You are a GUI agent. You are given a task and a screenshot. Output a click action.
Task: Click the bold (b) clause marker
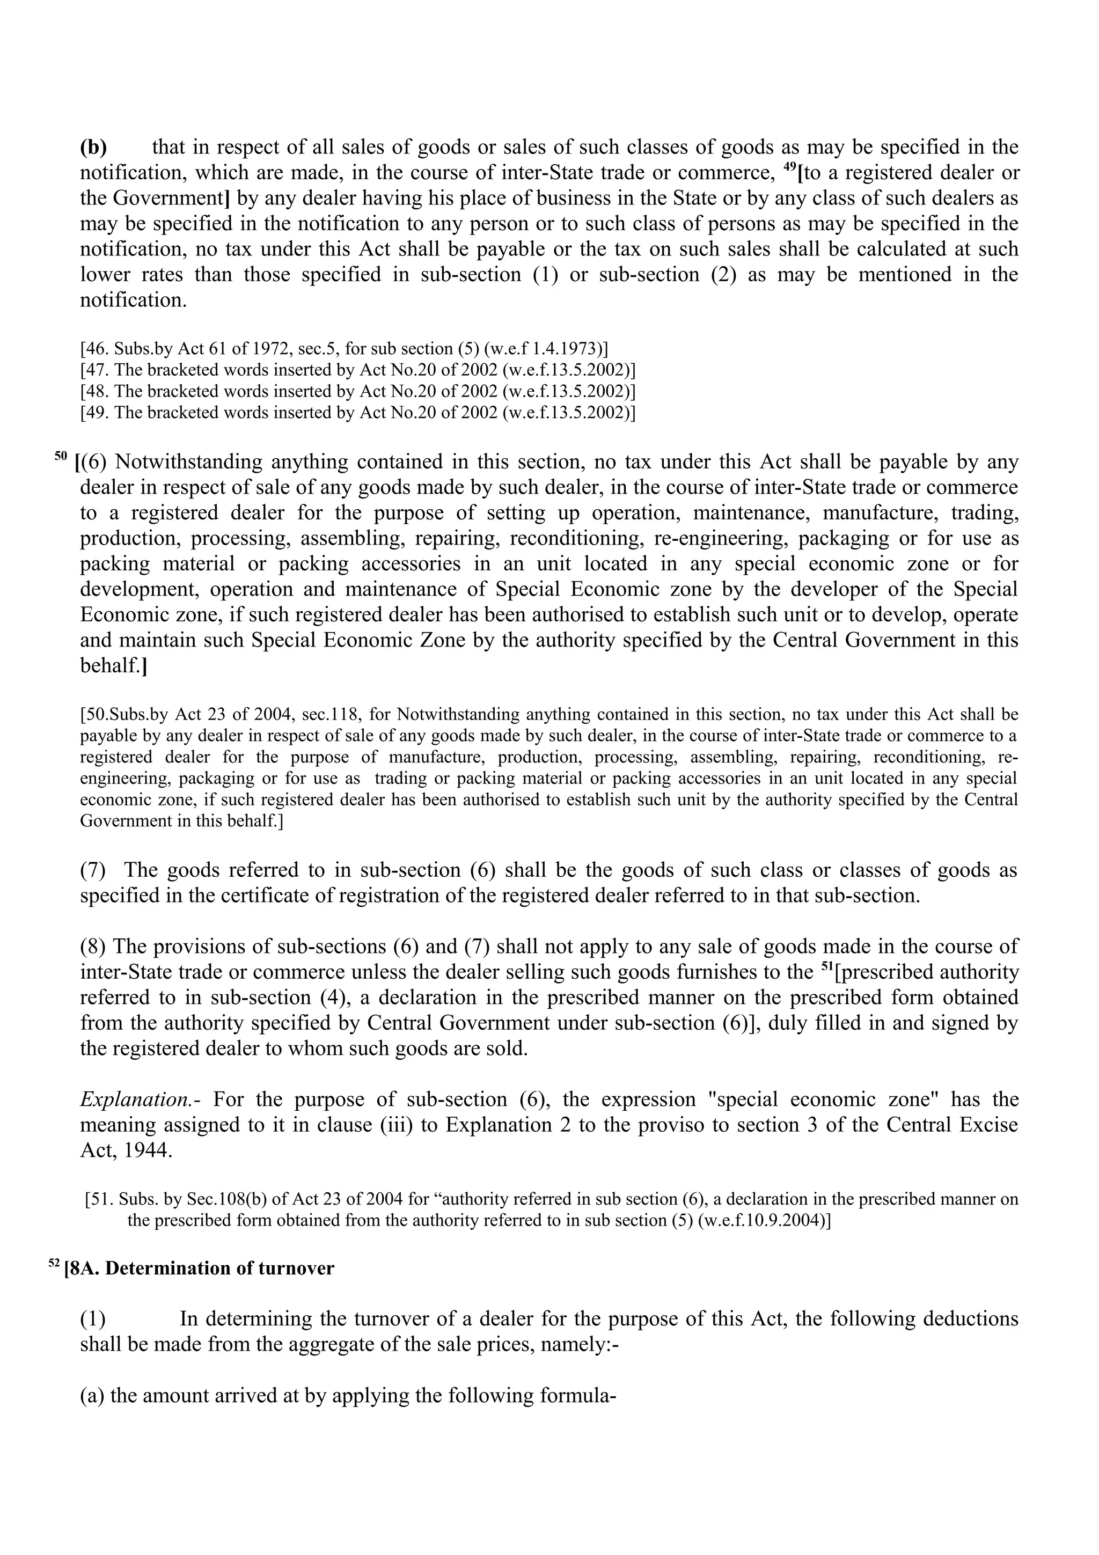click(93, 147)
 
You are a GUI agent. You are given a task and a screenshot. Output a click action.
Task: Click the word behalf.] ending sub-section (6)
click(113, 666)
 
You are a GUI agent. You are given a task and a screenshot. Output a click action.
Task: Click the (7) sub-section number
click(93, 870)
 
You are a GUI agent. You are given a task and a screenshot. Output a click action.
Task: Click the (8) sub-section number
click(93, 946)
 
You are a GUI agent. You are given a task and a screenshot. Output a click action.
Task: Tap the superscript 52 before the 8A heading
click(54, 1264)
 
